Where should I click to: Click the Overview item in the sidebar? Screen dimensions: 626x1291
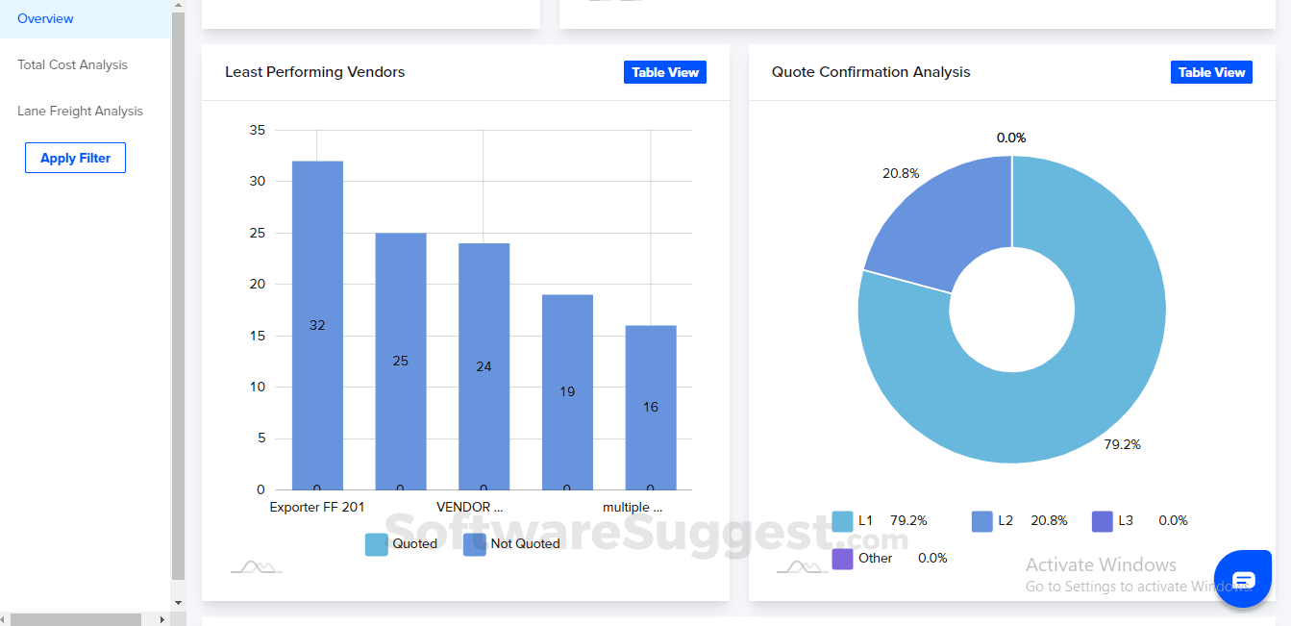(45, 18)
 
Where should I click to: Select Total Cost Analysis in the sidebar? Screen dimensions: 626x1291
(72, 64)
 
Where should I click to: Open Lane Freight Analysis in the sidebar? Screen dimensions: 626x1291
(80, 111)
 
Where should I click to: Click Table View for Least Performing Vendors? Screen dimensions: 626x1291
(664, 72)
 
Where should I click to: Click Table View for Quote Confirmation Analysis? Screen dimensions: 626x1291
(1211, 72)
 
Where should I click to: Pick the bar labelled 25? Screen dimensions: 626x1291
(401, 361)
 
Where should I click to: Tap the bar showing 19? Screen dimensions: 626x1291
(567, 391)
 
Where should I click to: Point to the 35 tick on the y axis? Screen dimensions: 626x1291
(256, 130)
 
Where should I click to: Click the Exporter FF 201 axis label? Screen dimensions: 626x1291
(316, 507)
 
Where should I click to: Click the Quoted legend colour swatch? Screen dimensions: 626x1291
(376, 544)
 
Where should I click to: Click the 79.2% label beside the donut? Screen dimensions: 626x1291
(1122, 444)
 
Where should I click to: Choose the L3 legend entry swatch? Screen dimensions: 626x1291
(1103, 521)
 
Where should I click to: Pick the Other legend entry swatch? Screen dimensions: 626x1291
(842, 559)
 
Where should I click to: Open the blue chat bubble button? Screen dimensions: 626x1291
(1243, 579)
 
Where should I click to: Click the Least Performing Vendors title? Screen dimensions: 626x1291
(314, 72)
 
